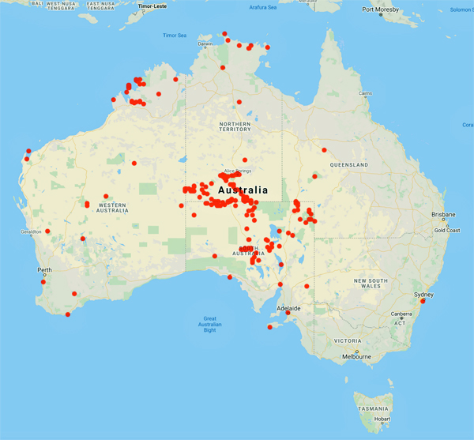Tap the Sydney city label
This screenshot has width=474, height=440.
(425, 294)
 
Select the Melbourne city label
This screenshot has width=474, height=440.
(356, 357)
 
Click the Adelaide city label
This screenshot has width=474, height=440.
(289, 307)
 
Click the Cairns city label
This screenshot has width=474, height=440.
(365, 93)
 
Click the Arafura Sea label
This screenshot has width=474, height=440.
(262, 7)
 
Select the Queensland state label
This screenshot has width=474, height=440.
(351, 164)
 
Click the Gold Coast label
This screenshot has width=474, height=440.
(447, 231)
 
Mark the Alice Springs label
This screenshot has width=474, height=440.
(237, 170)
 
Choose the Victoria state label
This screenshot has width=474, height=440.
(348, 340)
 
